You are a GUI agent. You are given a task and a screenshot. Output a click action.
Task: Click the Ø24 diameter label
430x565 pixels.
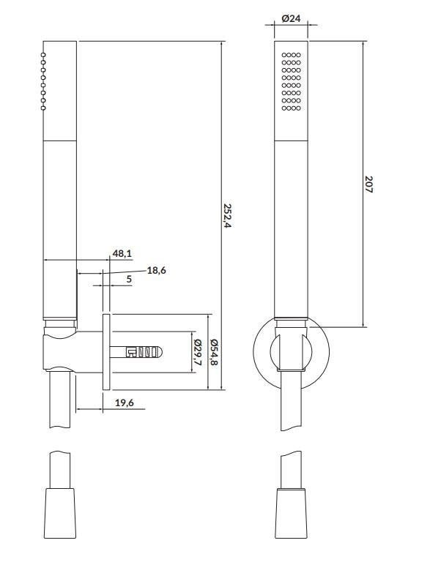point(290,18)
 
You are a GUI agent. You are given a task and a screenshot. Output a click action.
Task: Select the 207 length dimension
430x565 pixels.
point(368,184)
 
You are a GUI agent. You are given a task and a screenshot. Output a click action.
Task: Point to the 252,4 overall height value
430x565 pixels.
point(227,215)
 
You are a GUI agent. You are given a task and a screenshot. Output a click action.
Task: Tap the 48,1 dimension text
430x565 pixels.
point(122,254)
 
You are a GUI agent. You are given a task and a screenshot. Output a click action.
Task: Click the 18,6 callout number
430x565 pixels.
point(156,270)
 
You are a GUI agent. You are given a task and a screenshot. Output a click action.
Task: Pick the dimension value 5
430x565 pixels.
point(129,279)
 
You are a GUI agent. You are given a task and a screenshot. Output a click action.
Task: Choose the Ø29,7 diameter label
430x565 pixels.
point(197,353)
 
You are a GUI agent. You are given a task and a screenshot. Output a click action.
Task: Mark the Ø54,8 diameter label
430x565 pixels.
point(214,353)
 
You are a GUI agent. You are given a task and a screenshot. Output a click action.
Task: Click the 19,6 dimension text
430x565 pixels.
point(125,403)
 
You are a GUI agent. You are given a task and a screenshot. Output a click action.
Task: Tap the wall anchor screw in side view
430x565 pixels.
point(136,352)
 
